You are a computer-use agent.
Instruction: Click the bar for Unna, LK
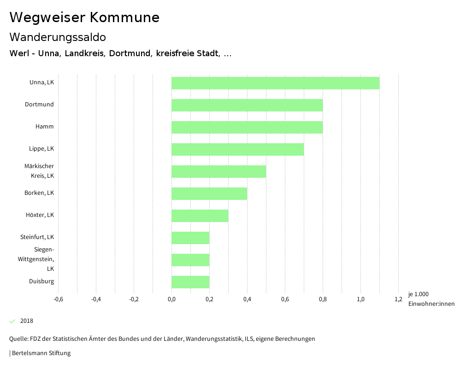click(x=275, y=83)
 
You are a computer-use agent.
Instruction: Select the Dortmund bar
click(x=247, y=105)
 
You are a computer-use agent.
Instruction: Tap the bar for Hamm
click(x=247, y=127)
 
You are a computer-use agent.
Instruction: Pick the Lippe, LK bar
click(x=237, y=149)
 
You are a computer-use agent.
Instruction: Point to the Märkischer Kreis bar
click(x=218, y=171)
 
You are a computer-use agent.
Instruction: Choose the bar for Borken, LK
click(x=209, y=193)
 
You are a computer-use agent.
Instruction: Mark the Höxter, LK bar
click(x=200, y=216)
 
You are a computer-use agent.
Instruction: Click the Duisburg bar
click(x=190, y=282)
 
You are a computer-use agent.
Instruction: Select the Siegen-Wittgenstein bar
click(x=190, y=260)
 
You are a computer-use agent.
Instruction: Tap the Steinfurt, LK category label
click(x=37, y=237)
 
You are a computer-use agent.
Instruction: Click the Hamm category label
click(x=44, y=127)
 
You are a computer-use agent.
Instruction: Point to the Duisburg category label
click(x=41, y=281)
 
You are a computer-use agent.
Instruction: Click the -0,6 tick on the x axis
click(x=58, y=299)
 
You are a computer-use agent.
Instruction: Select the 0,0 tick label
click(x=171, y=299)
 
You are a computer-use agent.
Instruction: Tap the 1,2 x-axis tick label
click(x=398, y=299)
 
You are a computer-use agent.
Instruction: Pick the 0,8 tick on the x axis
click(x=323, y=299)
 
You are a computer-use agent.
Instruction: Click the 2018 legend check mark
click(x=12, y=321)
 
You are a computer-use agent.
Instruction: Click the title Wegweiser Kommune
click(x=84, y=18)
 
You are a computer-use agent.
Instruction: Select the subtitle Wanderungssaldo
click(x=58, y=37)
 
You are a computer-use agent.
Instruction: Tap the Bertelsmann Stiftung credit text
click(x=41, y=353)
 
